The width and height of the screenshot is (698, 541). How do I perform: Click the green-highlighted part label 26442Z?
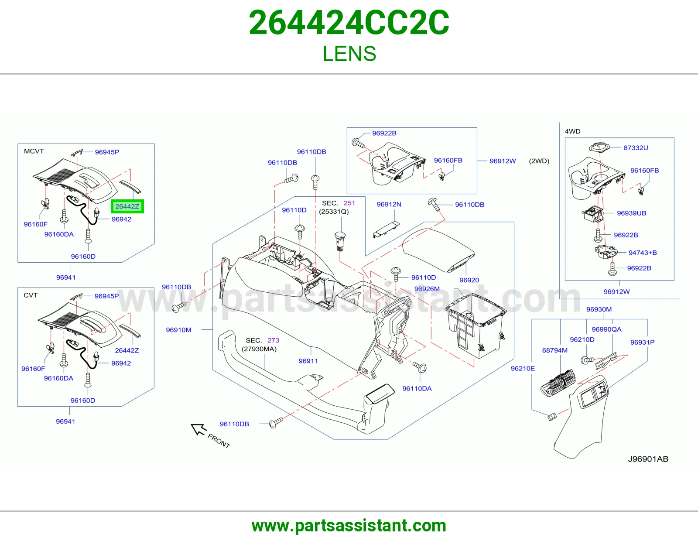[x=127, y=206]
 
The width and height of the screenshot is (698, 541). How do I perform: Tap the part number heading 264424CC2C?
[x=349, y=23]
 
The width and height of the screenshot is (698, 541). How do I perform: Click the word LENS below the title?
[x=349, y=54]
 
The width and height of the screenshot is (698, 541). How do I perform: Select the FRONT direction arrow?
[x=199, y=429]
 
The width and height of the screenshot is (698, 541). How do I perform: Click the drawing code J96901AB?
[x=648, y=459]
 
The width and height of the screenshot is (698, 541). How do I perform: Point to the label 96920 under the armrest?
[x=469, y=280]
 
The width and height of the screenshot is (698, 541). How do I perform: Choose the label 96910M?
[x=178, y=330]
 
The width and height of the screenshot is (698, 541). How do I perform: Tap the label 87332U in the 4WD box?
[x=636, y=148]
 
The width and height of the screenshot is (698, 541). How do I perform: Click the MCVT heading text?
[x=34, y=151]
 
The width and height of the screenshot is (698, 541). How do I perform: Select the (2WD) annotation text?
[x=539, y=161]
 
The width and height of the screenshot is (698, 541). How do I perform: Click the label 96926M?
[x=427, y=289]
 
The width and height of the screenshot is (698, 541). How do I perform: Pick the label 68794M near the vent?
[x=555, y=350]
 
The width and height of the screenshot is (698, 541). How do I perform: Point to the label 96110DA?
[x=417, y=388]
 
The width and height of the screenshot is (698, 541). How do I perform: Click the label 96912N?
[x=389, y=204]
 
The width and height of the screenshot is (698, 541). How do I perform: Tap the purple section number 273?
[x=273, y=340]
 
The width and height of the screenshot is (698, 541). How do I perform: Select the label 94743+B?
[x=643, y=253]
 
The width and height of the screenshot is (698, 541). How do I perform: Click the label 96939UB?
[x=631, y=213]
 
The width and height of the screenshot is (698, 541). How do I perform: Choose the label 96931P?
[x=642, y=342]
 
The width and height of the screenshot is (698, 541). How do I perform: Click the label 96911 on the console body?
[x=308, y=361]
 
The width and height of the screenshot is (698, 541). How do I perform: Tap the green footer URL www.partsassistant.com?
[x=349, y=526]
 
